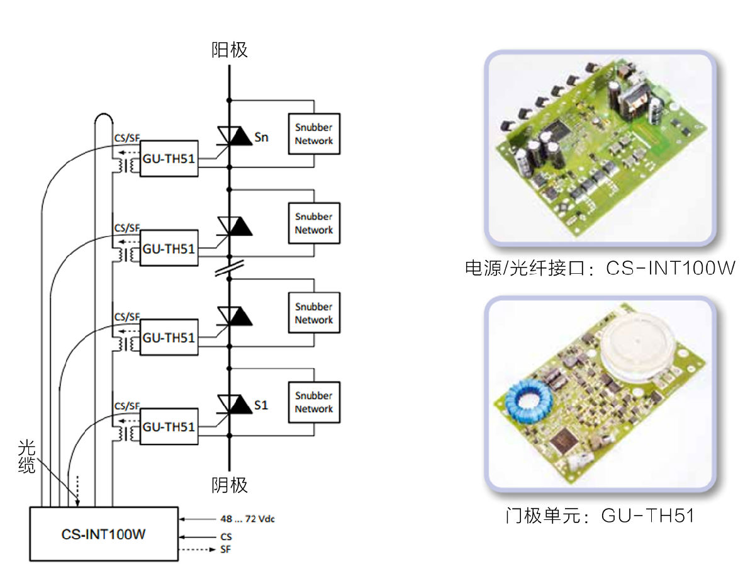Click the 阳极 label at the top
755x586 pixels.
pyautogui.click(x=229, y=50)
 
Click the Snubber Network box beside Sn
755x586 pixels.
pyautogui.click(x=313, y=133)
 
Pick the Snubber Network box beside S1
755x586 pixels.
pyautogui.click(x=313, y=402)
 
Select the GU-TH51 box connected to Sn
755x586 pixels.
pyautogui.click(x=169, y=159)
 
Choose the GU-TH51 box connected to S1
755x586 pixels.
pyautogui.click(x=169, y=427)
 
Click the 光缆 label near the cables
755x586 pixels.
pyautogui.click(x=26, y=457)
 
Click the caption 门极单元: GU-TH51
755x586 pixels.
pyautogui.click(x=600, y=516)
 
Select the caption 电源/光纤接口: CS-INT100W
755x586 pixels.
pyautogui.click(x=600, y=269)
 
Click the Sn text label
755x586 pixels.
pyautogui.click(x=262, y=137)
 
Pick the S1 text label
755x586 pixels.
pyautogui.click(x=261, y=405)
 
